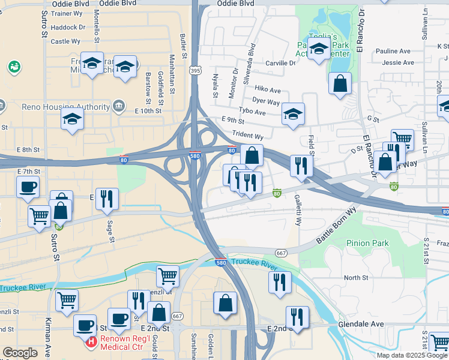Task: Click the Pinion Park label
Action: [x=367, y=243]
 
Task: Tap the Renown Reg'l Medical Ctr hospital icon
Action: [x=91, y=342]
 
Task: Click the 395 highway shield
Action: [x=195, y=71]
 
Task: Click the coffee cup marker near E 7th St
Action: [x=28, y=187]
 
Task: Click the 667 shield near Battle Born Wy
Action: [x=281, y=253]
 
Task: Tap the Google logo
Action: [x=20, y=353]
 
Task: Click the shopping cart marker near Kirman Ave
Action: [x=67, y=301]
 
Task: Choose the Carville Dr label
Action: [x=280, y=62]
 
